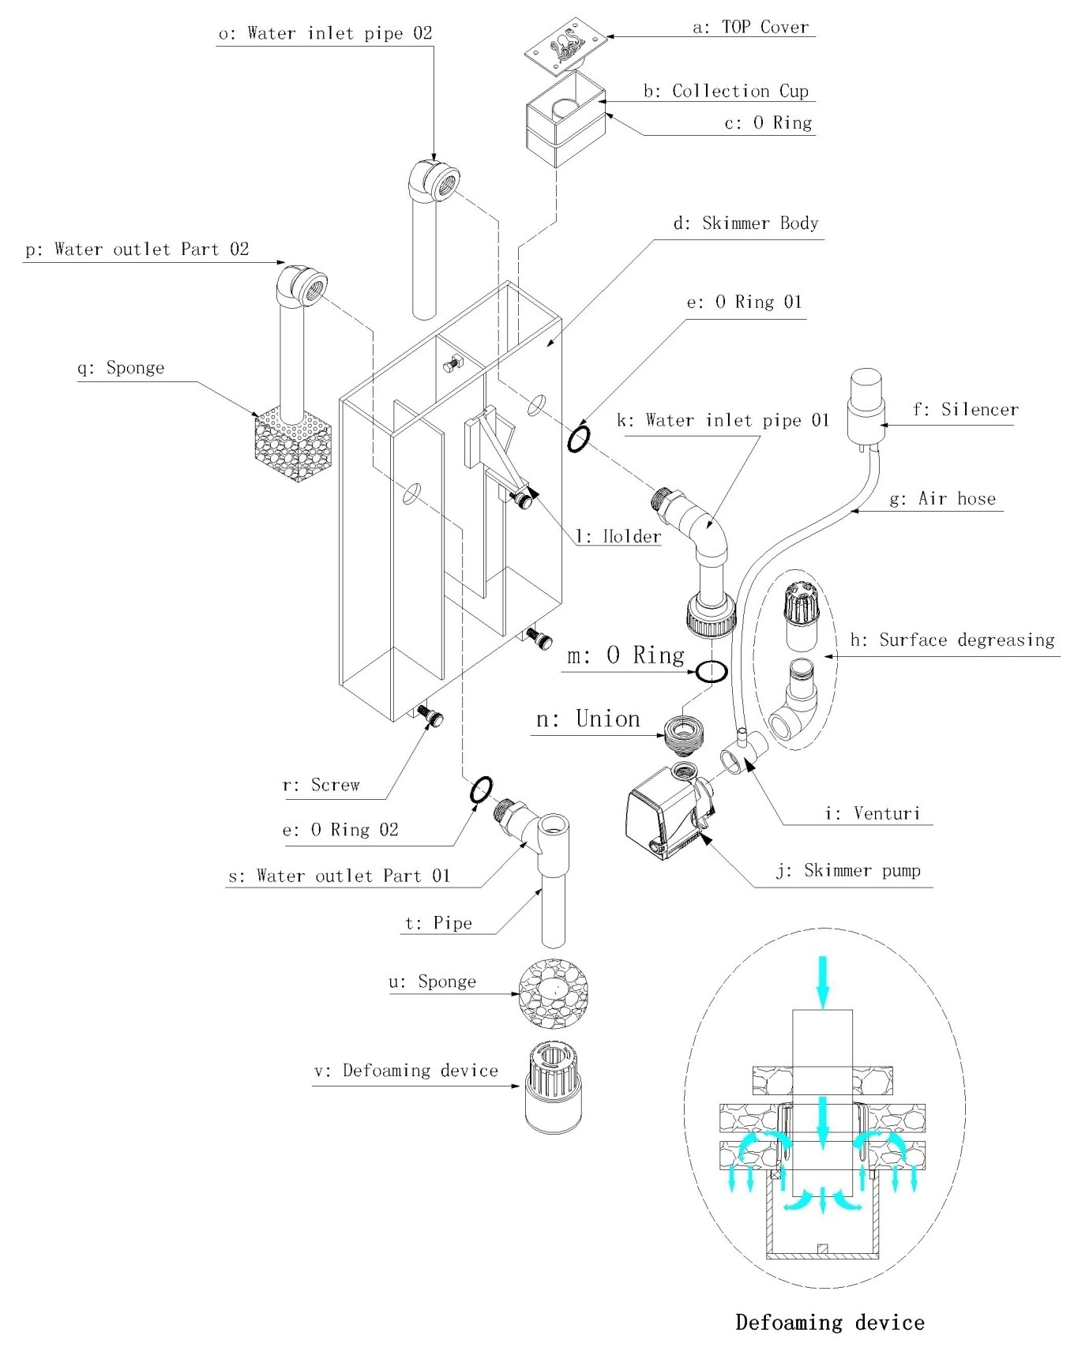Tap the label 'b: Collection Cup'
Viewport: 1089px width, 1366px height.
pyautogui.click(x=726, y=91)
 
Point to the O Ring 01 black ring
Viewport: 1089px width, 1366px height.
pyautogui.click(x=578, y=439)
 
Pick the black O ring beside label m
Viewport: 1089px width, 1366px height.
pyautogui.click(x=711, y=672)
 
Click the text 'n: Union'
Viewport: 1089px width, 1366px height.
pyautogui.click(x=588, y=719)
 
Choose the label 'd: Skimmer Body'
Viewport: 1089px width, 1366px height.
pyautogui.click(x=745, y=223)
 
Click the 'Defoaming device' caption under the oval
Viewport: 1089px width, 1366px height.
pyautogui.click(x=829, y=1323)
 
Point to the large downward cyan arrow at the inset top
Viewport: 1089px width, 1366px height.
pyautogui.click(x=823, y=981)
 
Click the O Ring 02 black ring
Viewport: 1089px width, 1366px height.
pyautogui.click(x=482, y=790)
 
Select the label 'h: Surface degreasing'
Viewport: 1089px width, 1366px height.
pyautogui.click(x=952, y=640)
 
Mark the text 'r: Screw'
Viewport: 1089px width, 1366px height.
pyautogui.click(x=321, y=785)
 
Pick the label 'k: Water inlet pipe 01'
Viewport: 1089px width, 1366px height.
pyautogui.click(x=723, y=420)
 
